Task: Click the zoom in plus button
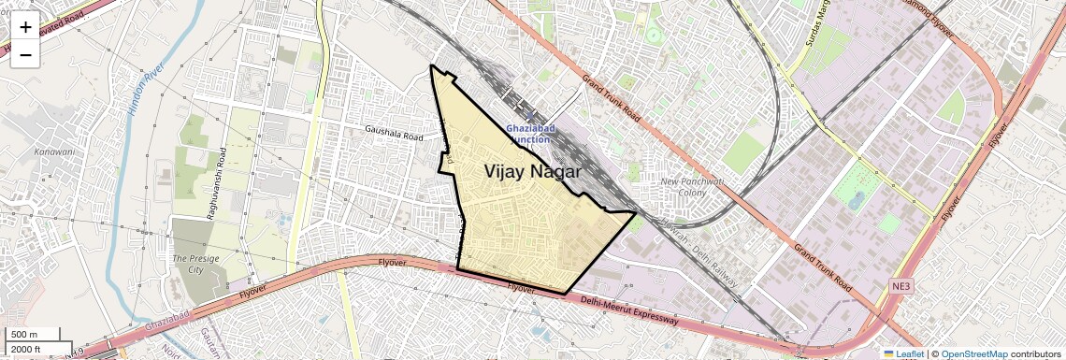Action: point(25,27)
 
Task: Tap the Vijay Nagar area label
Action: point(533,172)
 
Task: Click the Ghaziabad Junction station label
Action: point(531,133)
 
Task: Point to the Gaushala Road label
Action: point(396,134)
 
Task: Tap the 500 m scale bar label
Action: point(24,335)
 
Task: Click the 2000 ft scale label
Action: point(26,350)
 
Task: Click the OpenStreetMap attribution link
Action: point(973,353)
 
